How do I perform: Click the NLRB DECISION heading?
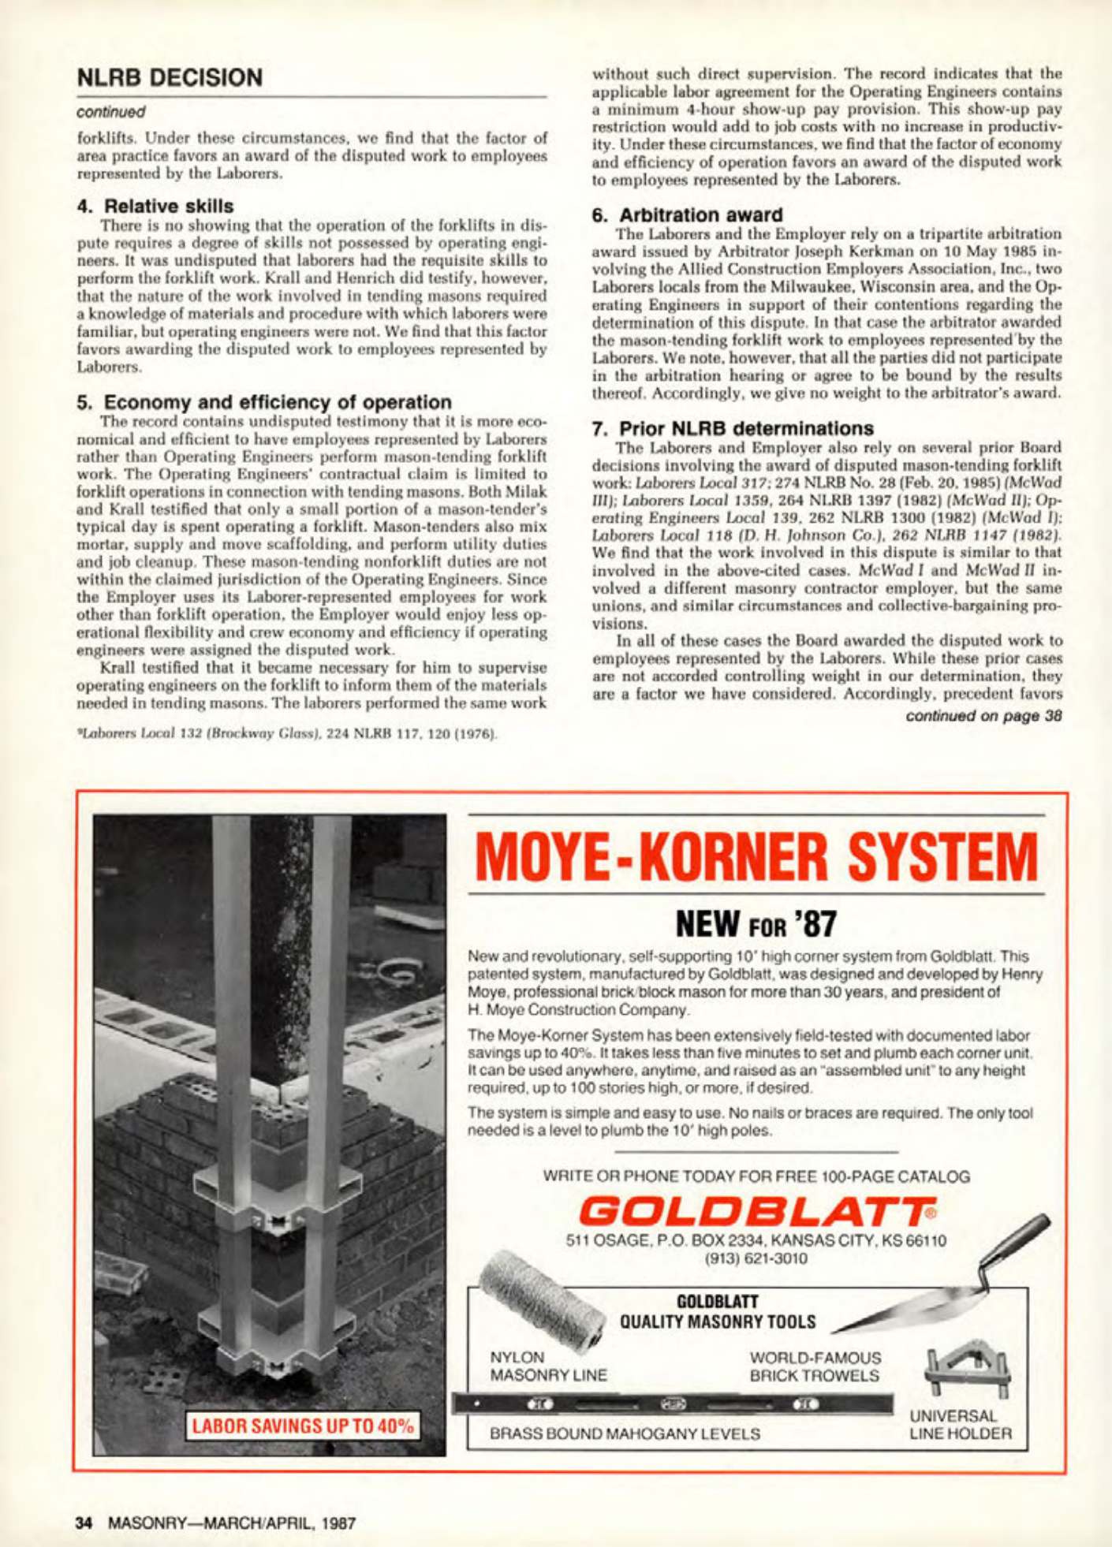[170, 77]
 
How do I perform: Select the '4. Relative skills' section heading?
[155, 206]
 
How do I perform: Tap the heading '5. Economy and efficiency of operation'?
[264, 402]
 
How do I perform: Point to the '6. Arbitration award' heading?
[687, 214]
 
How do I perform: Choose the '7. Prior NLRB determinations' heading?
[733, 428]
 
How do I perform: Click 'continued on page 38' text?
[983, 716]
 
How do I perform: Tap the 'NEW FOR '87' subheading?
[756, 923]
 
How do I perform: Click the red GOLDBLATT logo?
[756, 1210]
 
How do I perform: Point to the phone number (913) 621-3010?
[756, 1258]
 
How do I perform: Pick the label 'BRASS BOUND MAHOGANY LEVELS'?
[625, 1433]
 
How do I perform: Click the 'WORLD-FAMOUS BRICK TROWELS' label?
[815, 1366]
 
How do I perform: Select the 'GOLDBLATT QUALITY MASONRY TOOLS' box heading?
[718, 1311]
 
